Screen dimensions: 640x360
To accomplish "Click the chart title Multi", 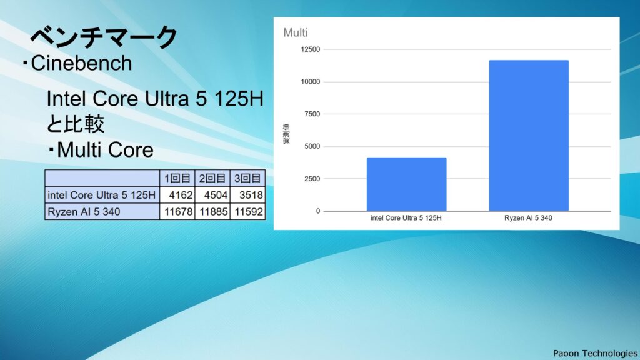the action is tap(296, 32).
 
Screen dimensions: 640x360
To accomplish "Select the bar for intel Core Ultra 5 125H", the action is tap(406, 184).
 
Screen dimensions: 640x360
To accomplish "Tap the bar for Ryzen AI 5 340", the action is tap(529, 136).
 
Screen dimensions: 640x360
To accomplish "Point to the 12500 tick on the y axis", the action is tap(311, 49).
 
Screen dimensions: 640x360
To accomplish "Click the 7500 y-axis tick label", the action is tap(312, 114).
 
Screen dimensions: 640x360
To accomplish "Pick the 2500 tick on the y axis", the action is tap(312, 179).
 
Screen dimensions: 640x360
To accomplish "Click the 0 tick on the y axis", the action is tap(318, 211).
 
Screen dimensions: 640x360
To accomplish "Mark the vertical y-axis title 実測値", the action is tap(286, 134).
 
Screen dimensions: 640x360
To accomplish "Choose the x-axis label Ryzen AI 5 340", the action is tap(528, 218).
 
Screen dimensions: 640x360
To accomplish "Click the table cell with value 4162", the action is tap(177, 195).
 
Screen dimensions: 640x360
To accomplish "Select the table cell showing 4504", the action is tap(212, 195).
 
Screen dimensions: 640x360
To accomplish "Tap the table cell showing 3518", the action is tap(247, 195).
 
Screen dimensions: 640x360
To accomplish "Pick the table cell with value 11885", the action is tap(212, 212).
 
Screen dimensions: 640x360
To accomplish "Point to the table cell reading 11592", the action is tap(247, 212).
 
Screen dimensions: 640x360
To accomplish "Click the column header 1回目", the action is tap(177, 178).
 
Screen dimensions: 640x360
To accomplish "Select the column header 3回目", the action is tap(247, 178).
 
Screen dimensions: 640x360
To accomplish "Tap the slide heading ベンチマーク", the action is tap(104, 37).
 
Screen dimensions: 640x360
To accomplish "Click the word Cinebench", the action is tap(81, 63).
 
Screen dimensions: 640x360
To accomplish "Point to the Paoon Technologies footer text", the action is tap(595, 353).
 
